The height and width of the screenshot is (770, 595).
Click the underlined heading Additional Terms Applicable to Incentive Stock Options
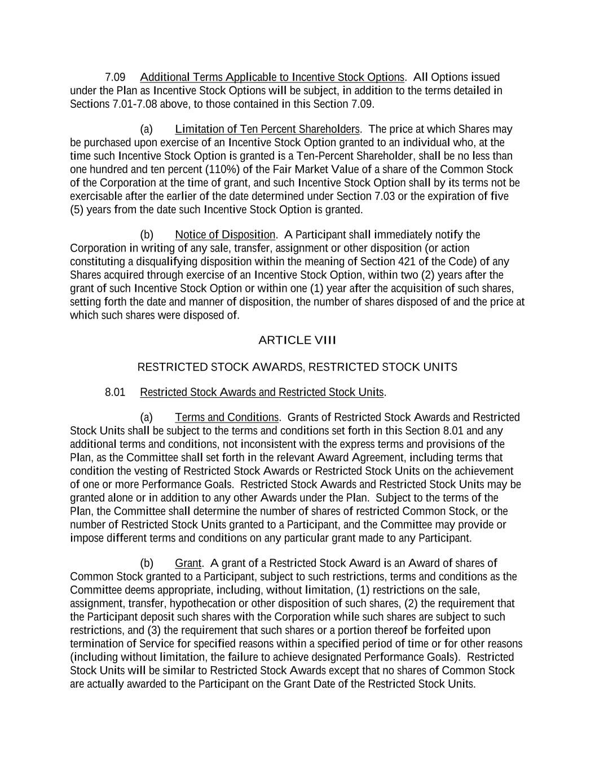(272, 77)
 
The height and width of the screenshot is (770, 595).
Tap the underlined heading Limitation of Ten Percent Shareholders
(267, 129)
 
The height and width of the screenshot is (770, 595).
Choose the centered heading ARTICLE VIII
(297, 340)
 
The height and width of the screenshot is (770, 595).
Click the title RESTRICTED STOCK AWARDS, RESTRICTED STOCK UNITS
(297, 367)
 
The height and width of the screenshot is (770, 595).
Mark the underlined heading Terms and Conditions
(227, 417)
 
